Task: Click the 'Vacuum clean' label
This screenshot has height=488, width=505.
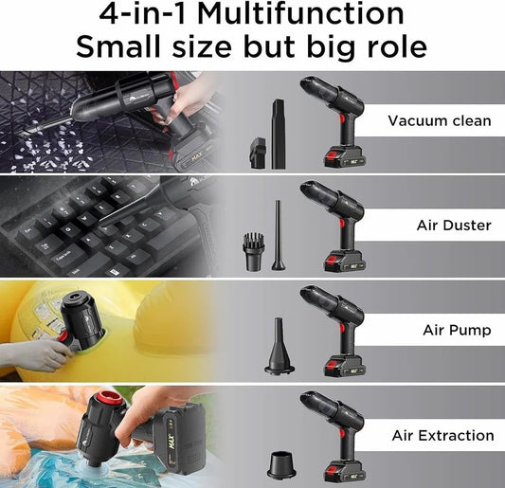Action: click(439, 120)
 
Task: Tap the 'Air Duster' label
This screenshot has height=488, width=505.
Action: click(454, 226)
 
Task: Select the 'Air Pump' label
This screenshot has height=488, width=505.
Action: click(456, 331)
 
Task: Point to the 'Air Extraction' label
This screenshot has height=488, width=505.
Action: click(442, 436)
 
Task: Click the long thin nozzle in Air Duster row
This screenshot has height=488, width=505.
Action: click(279, 235)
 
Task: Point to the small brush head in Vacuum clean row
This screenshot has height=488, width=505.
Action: click(255, 152)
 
